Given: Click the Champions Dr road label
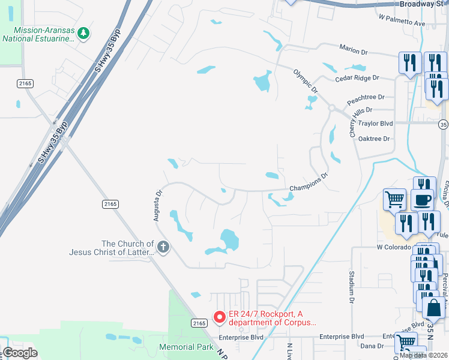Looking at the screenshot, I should pyautogui.click(x=309, y=182).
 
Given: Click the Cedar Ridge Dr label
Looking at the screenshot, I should pyautogui.click(x=358, y=78).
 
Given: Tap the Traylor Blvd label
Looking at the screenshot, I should pyautogui.click(x=375, y=123).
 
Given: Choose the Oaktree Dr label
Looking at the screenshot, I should pyautogui.click(x=374, y=139).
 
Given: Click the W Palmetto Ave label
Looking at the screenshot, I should pyautogui.click(x=402, y=23).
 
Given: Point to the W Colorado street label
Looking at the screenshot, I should pyautogui.click(x=394, y=247).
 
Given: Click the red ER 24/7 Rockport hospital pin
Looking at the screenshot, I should pyautogui.click(x=220, y=316).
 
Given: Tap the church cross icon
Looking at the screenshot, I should pyautogui.click(x=163, y=247).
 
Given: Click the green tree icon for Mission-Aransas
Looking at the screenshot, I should pyautogui.click(x=84, y=33).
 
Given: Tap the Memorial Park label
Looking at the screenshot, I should pyautogui.click(x=187, y=347).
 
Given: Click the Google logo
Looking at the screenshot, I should pyautogui.click(x=20, y=353).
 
